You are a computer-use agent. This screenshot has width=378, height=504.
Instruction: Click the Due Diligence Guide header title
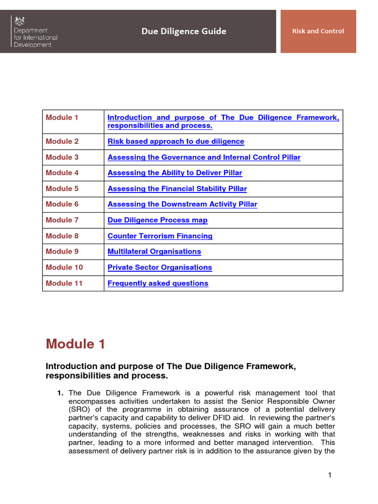pos(184,31)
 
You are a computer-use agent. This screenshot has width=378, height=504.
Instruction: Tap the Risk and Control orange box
pos(318,31)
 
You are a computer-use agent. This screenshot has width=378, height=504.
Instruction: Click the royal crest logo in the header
pos(20,21)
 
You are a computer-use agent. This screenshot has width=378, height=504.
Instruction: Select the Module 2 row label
pos(62,141)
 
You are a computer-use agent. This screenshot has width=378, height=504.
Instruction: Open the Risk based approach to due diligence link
pos(176,141)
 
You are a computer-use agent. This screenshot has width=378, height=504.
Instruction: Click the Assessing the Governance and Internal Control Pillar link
pos(204,157)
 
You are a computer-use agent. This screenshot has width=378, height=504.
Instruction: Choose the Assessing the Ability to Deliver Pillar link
pos(175,173)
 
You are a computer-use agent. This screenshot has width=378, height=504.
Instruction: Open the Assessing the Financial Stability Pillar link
pos(177,189)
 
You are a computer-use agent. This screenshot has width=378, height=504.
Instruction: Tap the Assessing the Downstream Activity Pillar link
pos(182,204)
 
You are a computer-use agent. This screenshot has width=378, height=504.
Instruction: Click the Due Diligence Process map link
pos(157,220)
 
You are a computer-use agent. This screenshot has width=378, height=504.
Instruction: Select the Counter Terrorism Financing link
pos(160,236)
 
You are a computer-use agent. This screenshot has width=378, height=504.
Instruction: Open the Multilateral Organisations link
pos(154,252)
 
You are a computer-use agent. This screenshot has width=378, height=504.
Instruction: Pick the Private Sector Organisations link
pos(159,267)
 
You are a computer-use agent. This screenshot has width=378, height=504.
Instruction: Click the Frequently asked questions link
pos(157,283)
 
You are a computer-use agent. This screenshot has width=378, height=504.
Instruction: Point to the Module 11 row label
pos(64,283)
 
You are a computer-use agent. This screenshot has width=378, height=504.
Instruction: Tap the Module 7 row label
pos(62,220)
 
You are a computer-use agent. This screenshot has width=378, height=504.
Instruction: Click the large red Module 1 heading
pos(75,344)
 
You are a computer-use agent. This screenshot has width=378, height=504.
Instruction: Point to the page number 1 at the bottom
pos(330,474)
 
